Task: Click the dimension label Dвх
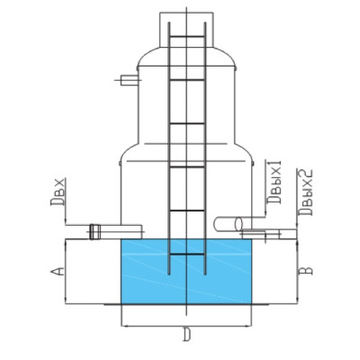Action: [58, 192]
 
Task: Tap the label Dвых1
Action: [274, 182]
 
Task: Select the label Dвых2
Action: [306, 193]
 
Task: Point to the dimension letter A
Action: [58, 271]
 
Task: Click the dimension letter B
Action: [306, 271]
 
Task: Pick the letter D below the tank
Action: [186, 335]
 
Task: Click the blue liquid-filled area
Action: [185, 272]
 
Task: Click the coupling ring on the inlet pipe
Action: [94, 232]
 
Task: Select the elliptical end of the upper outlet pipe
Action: [238, 224]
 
